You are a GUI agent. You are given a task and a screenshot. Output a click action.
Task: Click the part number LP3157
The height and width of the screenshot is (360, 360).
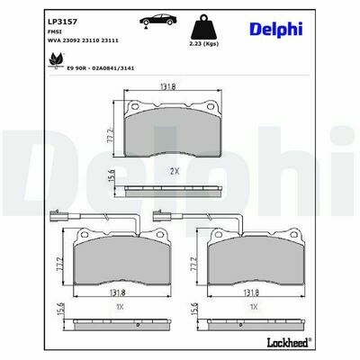(x=62, y=22)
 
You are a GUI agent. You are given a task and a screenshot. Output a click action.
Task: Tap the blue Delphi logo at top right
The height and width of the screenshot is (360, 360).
(x=275, y=30)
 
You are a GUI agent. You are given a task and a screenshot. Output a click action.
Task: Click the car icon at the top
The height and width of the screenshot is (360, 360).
(x=157, y=20)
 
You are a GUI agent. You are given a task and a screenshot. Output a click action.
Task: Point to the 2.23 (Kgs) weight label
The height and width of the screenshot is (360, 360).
(x=204, y=44)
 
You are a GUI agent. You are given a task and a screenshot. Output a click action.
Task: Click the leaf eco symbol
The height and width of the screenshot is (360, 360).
(x=57, y=59)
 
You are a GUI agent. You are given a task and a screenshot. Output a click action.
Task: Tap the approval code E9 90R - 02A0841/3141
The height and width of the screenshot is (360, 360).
(x=101, y=68)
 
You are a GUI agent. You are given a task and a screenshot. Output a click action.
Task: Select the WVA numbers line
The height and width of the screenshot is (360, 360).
(x=83, y=40)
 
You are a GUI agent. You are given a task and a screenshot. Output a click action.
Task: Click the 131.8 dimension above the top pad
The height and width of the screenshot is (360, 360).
(x=167, y=86)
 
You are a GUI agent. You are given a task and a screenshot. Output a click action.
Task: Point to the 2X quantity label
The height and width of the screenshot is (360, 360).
(x=175, y=172)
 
